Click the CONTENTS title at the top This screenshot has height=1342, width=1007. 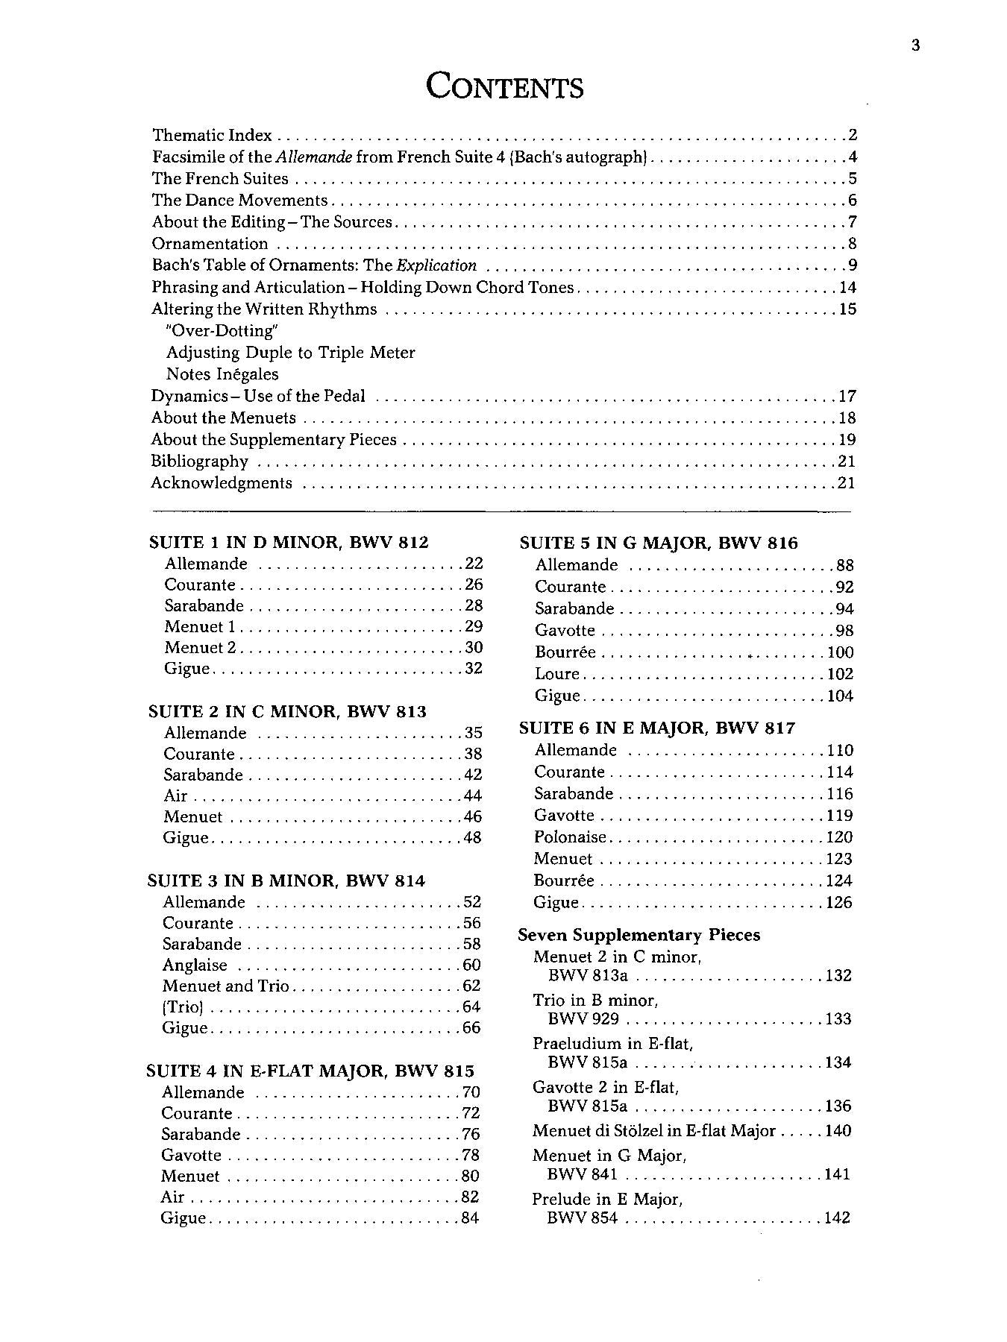[504, 86]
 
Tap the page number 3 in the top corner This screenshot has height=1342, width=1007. [915, 45]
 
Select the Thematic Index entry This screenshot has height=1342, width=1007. [212, 136]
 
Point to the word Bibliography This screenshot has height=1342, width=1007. [199, 461]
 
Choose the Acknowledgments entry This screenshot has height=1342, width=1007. [222, 483]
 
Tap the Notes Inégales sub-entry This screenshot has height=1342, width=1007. [222, 374]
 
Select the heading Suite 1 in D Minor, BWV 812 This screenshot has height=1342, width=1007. [289, 543]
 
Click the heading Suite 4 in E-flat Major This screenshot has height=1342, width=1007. [310, 1071]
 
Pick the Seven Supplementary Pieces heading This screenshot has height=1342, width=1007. [639, 935]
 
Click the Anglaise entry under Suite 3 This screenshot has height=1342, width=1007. [195, 965]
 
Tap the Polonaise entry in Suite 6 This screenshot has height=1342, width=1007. [570, 837]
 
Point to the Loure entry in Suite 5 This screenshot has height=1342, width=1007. [556, 674]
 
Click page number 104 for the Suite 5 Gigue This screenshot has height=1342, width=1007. [839, 696]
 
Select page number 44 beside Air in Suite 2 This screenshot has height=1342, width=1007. [472, 796]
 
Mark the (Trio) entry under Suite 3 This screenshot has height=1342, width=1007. [183, 1007]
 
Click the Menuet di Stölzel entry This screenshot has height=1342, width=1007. [653, 1131]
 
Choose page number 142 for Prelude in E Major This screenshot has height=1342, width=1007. [838, 1218]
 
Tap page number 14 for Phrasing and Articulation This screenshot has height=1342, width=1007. [847, 288]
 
